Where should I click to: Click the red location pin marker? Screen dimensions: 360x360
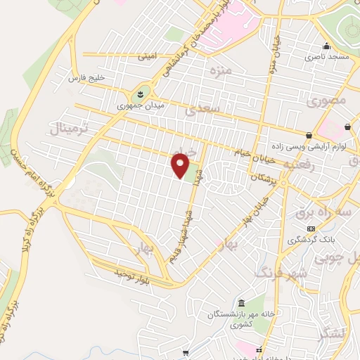coord(181,166)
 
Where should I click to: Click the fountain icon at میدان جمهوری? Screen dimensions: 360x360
coord(140,93)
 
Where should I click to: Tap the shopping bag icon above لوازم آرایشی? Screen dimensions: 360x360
coord(309,134)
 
